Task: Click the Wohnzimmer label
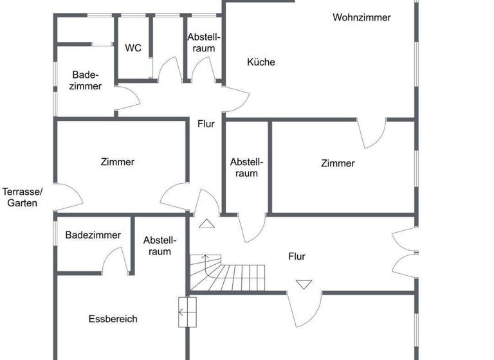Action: point(361,17)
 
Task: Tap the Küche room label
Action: point(261,62)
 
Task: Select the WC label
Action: point(133,48)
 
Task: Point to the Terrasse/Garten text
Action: point(22,197)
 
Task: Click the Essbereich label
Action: point(113,319)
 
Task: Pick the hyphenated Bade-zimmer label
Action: point(86,80)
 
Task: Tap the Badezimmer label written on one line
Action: point(93,235)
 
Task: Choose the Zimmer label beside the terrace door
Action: point(118,162)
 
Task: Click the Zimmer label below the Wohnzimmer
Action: point(338,163)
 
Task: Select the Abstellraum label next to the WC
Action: point(203,42)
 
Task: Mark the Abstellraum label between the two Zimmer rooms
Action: point(246,167)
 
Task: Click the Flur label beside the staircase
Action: point(297,256)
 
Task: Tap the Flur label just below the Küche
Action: point(206,124)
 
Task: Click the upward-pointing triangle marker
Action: point(206,224)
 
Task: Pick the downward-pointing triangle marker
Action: point(304,283)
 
